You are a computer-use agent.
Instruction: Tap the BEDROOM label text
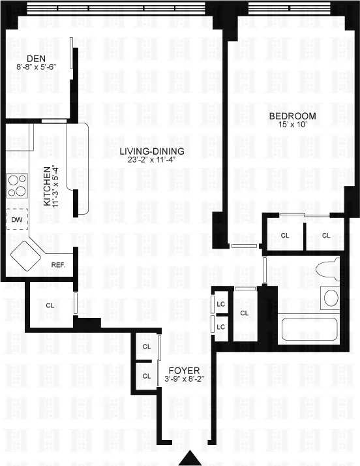[x=292, y=116]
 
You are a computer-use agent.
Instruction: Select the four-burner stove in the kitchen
[x=18, y=186]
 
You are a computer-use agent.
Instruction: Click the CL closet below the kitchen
[x=50, y=305]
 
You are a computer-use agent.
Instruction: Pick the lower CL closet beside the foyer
[x=147, y=375]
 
